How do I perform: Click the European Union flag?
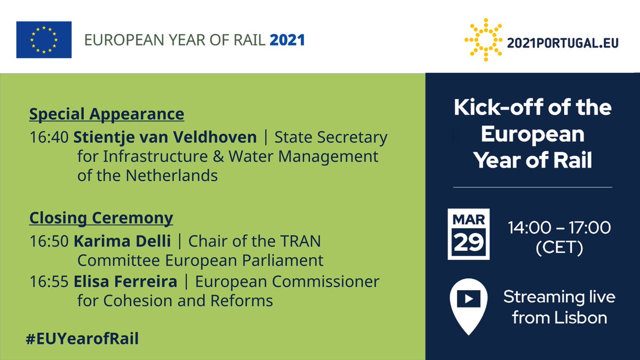[44, 39]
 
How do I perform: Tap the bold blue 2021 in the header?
[287, 40]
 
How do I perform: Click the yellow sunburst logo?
[483, 39]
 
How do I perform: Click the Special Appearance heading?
[107, 114]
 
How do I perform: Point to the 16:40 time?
[49, 138]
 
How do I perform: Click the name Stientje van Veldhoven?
[165, 138]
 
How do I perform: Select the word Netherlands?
[172, 175]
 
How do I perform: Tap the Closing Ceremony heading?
[101, 218]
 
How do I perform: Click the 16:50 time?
[49, 242]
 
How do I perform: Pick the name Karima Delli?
[122, 242]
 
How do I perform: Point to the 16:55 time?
[49, 281]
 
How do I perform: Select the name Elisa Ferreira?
[125, 281]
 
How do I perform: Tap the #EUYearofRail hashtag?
[82, 339]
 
